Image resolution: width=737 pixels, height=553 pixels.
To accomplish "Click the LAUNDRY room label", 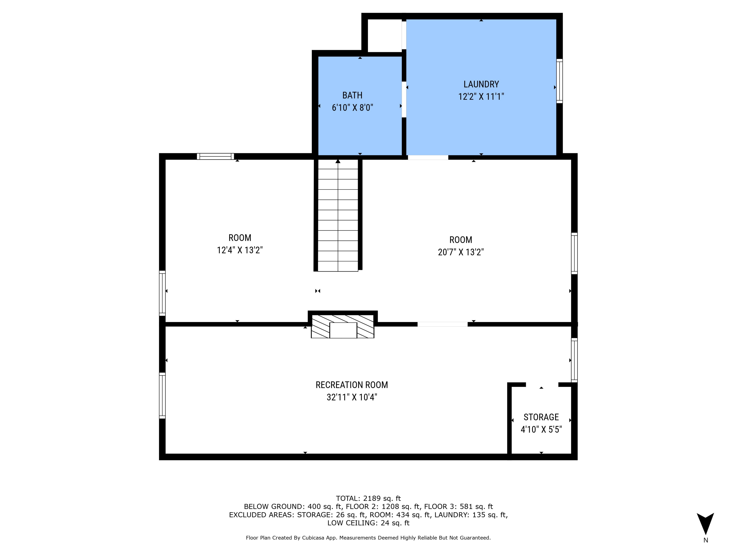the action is click(x=481, y=84).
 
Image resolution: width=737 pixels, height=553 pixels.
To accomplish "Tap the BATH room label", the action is click(x=353, y=95).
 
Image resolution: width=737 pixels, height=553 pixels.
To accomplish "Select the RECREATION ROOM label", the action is click(x=352, y=385).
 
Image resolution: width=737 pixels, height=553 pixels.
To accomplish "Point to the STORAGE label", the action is click(x=541, y=417).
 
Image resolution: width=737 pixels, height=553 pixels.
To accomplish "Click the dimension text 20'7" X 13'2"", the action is click(x=461, y=252).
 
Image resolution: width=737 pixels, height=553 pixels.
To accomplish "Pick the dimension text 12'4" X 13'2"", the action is click(x=240, y=250).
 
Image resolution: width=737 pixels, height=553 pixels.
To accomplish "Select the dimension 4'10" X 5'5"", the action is click(x=541, y=429).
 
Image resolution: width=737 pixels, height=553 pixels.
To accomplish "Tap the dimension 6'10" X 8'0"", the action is click(x=353, y=108).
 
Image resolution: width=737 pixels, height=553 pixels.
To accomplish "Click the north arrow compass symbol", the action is click(x=705, y=524).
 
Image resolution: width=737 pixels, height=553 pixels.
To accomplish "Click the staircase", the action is click(x=338, y=215).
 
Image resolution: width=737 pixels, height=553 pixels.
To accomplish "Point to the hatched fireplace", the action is click(x=342, y=326).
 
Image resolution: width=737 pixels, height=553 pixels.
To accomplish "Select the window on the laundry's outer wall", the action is click(x=559, y=81).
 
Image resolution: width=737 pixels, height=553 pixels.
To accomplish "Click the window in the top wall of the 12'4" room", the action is click(x=215, y=156).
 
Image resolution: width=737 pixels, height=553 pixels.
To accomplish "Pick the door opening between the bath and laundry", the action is click(x=404, y=99).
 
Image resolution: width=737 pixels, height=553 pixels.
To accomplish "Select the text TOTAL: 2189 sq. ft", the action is click(x=368, y=498).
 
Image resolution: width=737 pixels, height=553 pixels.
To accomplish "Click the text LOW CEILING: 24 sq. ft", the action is click(x=368, y=523).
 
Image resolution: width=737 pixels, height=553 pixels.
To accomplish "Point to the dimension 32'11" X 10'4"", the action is click(x=352, y=397).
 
